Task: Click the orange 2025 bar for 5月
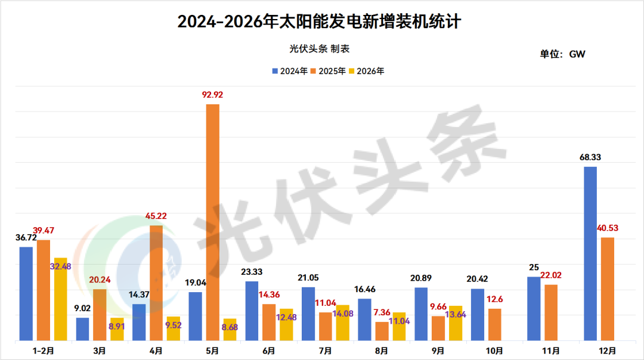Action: click(212, 222)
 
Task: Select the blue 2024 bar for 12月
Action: click(590, 253)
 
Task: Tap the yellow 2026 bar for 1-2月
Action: click(60, 299)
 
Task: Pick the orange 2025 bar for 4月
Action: click(156, 283)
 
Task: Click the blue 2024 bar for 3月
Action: click(82, 329)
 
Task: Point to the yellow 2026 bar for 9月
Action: click(456, 323)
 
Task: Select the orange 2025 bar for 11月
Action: click(551, 312)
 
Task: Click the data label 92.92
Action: click(212, 95)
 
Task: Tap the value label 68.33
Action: click(590, 157)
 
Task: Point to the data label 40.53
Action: click(608, 228)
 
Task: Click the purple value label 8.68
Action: click(230, 327)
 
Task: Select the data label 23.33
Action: click(252, 272)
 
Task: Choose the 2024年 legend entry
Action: click(290, 71)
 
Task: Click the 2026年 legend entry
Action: click(366, 71)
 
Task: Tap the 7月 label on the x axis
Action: click(326, 351)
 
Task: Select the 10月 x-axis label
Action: click(494, 351)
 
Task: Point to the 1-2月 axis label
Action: click(43, 351)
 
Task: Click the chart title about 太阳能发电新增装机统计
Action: click(319, 21)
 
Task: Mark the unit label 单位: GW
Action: click(562, 54)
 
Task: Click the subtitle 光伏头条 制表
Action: click(320, 49)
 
